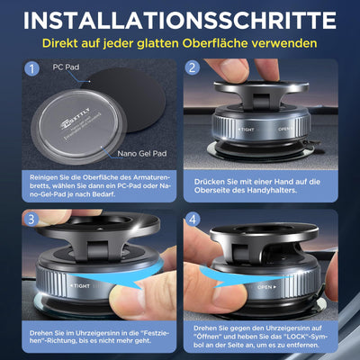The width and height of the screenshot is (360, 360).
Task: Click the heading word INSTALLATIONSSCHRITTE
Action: [x=180, y=21]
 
